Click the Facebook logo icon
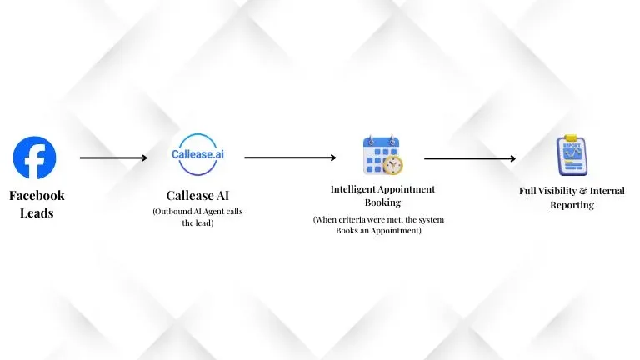tap(35, 157)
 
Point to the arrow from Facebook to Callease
tap(113, 157)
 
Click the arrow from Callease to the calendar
tap(290, 157)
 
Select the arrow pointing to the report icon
tap(470, 157)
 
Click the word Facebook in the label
tap(37, 196)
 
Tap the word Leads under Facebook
tap(37, 212)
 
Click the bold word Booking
tap(382, 202)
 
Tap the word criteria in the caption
tap(346, 219)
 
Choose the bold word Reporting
tap(572, 204)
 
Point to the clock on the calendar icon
tap(392, 163)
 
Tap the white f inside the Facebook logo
tap(37, 159)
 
